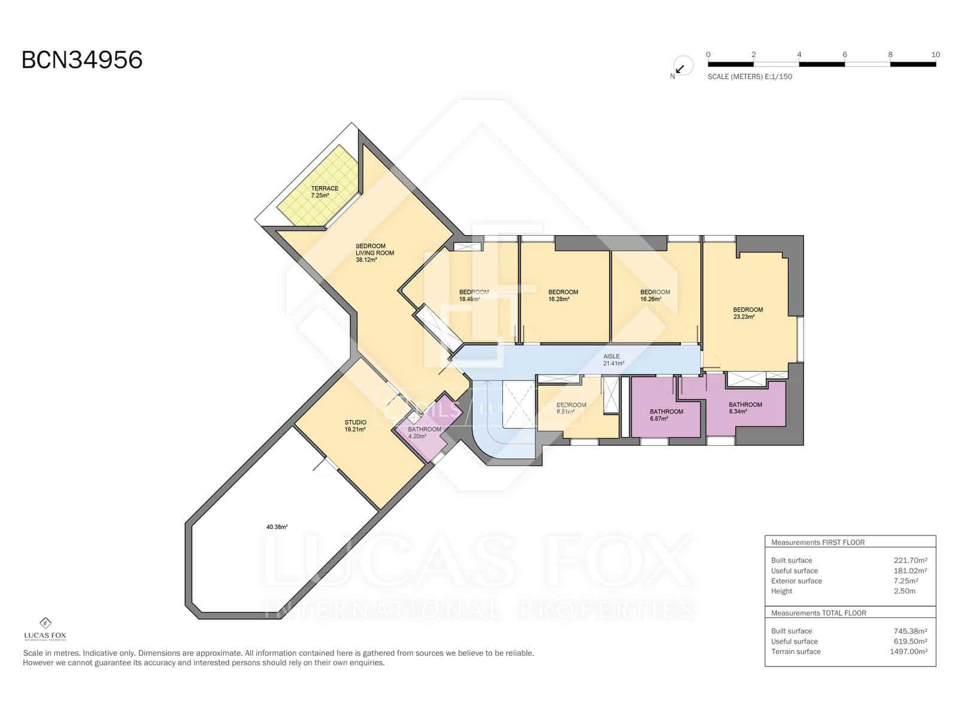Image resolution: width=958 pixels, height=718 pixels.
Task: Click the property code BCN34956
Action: [82, 60]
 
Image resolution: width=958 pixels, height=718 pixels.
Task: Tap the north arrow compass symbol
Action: [682, 66]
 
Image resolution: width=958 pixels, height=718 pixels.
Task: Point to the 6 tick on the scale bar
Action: [844, 54]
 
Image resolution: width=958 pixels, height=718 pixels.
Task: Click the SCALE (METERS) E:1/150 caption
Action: [750, 77]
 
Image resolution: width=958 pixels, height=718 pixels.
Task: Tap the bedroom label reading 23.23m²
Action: [748, 313]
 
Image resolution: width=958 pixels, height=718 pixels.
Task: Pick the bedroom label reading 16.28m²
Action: [563, 296]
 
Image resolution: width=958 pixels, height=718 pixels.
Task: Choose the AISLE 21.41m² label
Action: [613, 360]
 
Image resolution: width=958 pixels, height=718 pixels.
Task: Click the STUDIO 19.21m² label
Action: [355, 426]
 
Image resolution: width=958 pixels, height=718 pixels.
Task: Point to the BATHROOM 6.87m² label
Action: [666, 415]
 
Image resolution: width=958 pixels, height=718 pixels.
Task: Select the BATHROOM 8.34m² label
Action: [745, 408]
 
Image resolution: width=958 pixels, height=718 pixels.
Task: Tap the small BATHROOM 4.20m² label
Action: [424, 433]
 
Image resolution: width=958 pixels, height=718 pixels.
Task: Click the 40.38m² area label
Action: [277, 527]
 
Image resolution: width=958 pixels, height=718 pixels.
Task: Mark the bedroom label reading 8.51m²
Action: [571, 408]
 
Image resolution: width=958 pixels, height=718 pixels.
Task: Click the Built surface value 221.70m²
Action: [910, 561]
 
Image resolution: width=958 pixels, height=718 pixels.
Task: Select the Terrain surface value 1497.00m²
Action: [908, 652]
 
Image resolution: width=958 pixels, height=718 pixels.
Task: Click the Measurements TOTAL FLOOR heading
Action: [818, 613]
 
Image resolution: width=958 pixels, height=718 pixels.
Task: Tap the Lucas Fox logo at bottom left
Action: [45, 629]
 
